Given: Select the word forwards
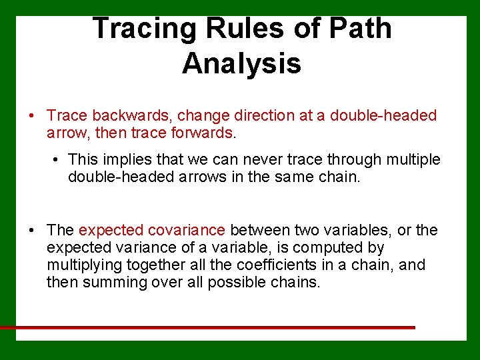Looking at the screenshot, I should (x=199, y=133).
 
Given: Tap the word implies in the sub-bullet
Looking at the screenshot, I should (x=122, y=160).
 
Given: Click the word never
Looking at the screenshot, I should (x=261, y=160).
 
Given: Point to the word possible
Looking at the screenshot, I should (x=235, y=283).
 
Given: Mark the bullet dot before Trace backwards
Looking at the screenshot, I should (x=32, y=116).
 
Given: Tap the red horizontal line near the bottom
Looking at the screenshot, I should (x=207, y=327).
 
